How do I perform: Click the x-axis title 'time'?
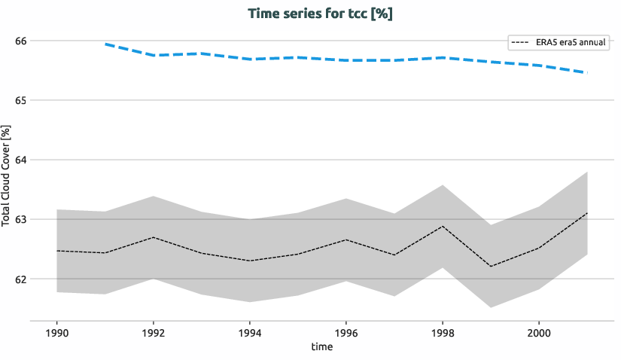tap(321, 347)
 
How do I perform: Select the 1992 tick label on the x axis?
tap(154, 332)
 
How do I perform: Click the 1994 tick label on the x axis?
tap(250, 332)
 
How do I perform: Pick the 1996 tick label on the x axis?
tap(346, 332)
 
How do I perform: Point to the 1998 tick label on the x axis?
tap(442, 332)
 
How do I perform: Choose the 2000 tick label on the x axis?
tap(538, 332)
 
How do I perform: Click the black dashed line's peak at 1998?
tap(443, 226)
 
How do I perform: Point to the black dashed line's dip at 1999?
tap(491, 266)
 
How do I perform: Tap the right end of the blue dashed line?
tap(586, 72)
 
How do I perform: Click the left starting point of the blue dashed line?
tap(105, 44)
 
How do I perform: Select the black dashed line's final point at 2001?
tap(586, 213)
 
